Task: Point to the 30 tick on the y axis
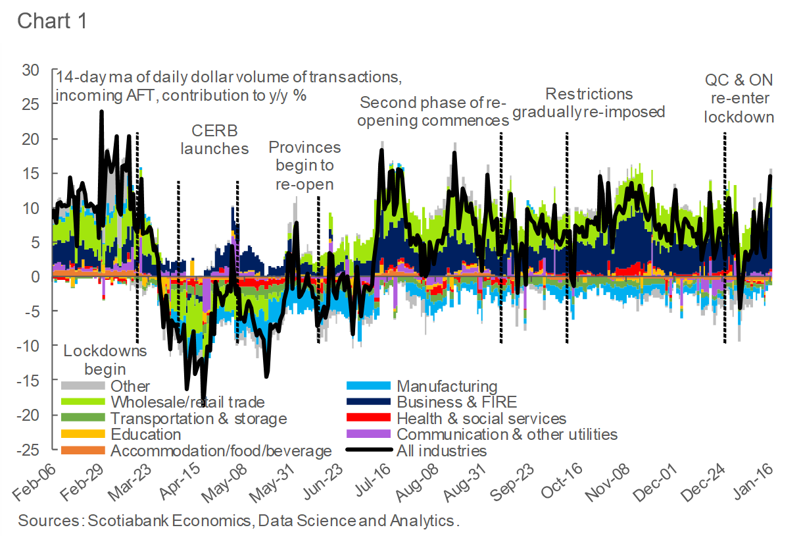point(31,70)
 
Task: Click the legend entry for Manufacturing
point(447,387)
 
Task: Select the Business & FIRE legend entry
point(456,402)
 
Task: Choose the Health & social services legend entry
point(481,418)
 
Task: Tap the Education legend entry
point(145,435)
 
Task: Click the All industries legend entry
point(441,451)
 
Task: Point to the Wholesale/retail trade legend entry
point(187,402)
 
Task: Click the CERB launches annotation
point(214,139)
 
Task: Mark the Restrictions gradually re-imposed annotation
point(589,103)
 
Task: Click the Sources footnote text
point(238,520)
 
